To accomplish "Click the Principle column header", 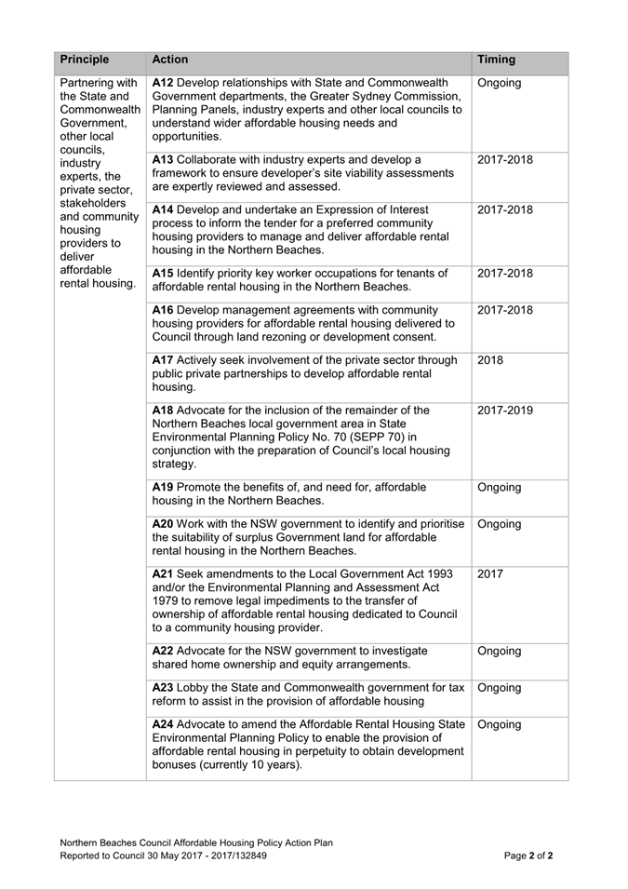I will tap(85, 60).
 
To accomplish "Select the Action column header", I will tap(170, 60).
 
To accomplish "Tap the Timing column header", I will tap(496, 60).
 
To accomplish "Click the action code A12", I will tap(162, 83).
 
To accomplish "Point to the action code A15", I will tap(162, 274).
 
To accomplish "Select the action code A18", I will tap(162, 410).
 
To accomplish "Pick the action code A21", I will tap(162, 573).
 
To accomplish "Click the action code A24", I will tap(162, 724).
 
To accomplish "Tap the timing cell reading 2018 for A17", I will tap(490, 359).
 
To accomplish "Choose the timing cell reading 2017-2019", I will tap(505, 410).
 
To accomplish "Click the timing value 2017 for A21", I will tap(490, 573).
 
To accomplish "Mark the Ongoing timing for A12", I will tap(500, 83).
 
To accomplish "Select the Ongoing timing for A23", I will tap(500, 688).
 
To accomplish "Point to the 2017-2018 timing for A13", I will tap(505, 159).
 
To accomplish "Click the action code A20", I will tap(162, 524).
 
